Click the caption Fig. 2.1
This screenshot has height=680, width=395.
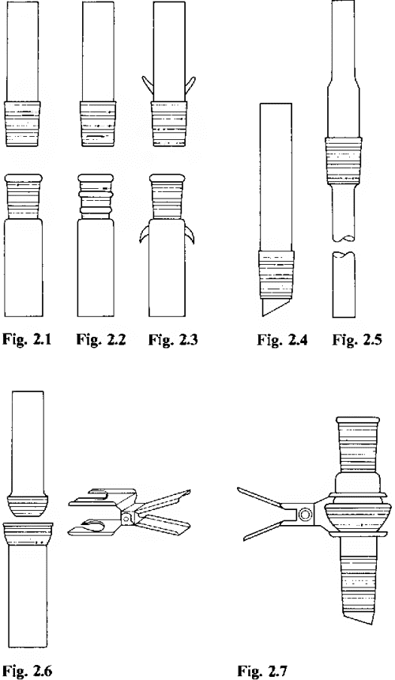click(27, 339)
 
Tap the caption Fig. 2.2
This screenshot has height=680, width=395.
click(101, 339)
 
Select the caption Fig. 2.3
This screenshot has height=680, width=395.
click(173, 339)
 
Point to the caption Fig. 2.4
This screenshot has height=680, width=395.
click(282, 339)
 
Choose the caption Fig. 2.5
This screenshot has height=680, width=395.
click(357, 339)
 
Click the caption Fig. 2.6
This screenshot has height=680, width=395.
click(28, 671)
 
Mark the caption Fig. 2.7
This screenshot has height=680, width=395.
click(262, 671)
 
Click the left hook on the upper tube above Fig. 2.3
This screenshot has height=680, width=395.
click(147, 84)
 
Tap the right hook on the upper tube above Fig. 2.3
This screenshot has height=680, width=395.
click(190, 84)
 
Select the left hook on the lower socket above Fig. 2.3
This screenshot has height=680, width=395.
click(145, 233)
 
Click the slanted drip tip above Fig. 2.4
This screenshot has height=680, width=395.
click(276, 307)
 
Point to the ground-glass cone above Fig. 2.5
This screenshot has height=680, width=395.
click(343, 161)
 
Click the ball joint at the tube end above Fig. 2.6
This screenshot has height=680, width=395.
click(28, 505)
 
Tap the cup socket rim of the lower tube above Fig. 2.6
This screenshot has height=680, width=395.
click(28, 534)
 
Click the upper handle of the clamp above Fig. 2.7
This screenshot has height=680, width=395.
click(260, 497)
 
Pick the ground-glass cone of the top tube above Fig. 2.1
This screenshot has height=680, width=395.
click(22, 124)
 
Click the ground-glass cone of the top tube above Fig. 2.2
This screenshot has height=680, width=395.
click(98, 124)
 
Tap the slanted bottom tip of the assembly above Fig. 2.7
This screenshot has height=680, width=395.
click(357, 614)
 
